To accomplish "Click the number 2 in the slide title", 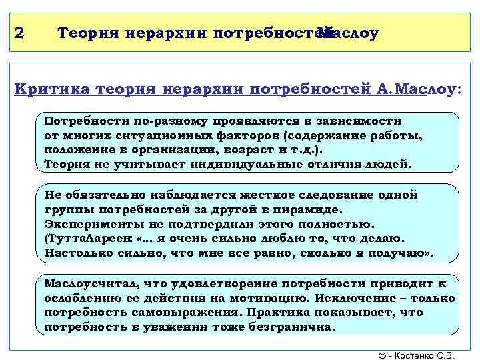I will (18, 32).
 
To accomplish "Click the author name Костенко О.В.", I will (430, 352).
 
